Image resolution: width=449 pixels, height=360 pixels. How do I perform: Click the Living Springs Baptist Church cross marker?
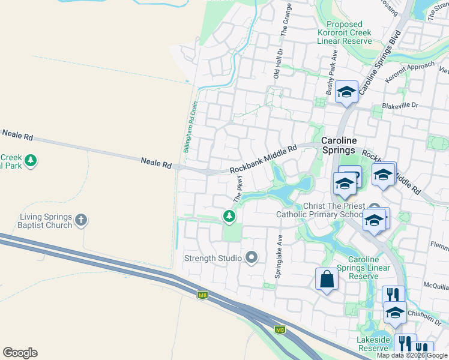click(82, 221)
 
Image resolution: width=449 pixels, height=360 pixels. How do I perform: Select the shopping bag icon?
click(326, 280)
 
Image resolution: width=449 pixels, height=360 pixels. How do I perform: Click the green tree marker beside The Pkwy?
click(229, 215)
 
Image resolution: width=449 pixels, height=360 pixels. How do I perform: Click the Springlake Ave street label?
click(279, 255)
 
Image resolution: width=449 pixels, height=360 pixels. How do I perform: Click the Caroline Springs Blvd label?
click(379, 64)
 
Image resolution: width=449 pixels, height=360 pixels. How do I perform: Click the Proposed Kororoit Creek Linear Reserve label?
click(345, 32)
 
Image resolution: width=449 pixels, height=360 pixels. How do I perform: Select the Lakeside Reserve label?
click(373, 344)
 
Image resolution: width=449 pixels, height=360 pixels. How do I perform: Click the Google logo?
click(20, 353)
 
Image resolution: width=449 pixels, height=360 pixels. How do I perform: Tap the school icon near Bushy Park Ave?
click(346, 92)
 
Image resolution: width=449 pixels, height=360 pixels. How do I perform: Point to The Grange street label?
click(288, 19)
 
